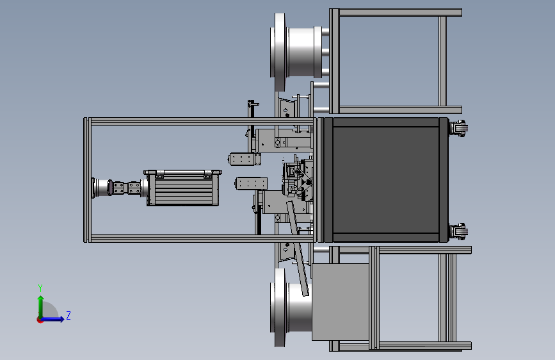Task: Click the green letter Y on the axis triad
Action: click(x=40, y=288)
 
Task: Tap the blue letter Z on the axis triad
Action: click(x=68, y=315)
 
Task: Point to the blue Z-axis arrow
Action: click(x=52, y=319)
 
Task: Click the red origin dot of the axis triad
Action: click(x=40, y=320)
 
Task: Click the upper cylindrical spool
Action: click(x=297, y=52)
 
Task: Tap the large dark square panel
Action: click(x=386, y=180)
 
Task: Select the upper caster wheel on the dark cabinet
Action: click(x=459, y=128)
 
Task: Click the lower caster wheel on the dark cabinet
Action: click(x=459, y=232)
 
